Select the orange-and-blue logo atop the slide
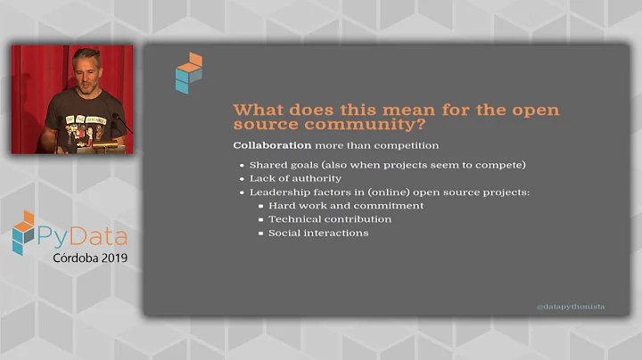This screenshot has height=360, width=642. coord(188,72)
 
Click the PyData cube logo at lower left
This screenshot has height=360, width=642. coord(23,233)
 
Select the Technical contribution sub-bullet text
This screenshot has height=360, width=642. coord(330,219)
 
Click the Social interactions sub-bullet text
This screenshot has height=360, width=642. coord(318,233)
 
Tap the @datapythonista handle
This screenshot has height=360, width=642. coord(570,307)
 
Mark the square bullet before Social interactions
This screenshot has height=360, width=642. coord(259,233)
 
